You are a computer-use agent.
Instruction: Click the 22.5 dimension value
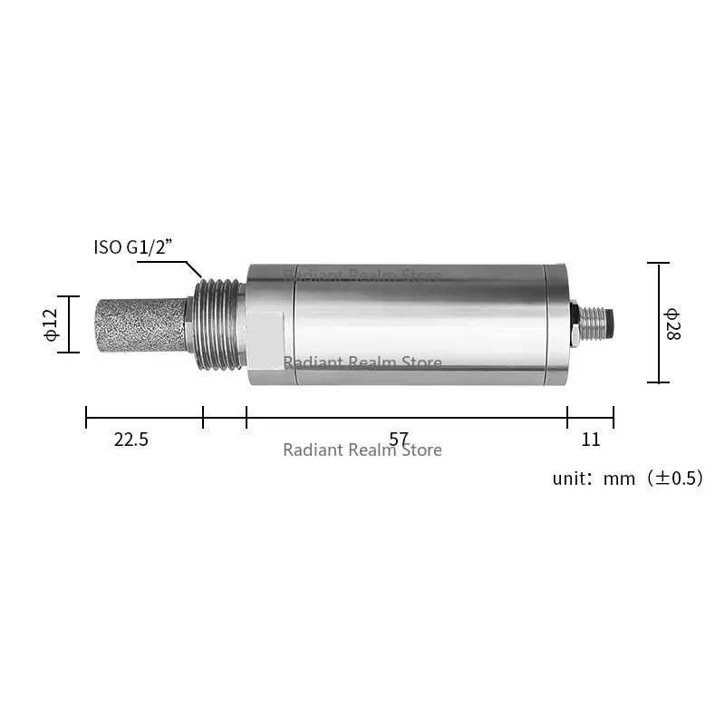[x=131, y=440]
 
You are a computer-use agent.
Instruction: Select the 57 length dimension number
[x=399, y=440]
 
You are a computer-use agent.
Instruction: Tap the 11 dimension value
[x=591, y=440]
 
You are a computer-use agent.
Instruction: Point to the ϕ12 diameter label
[x=50, y=324]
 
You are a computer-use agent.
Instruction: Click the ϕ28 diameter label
[x=672, y=324]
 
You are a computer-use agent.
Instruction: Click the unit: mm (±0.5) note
[x=627, y=478]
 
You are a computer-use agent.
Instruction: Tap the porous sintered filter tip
[x=138, y=324]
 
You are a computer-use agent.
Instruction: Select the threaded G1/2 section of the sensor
[x=220, y=324]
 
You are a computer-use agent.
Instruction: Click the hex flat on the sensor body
[x=269, y=331]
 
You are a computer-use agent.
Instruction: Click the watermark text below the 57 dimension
[x=362, y=450]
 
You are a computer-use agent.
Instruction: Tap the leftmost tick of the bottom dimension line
[x=86, y=417]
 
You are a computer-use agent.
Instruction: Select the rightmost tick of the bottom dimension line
[x=614, y=417]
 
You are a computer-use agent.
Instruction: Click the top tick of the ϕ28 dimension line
[x=659, y=264]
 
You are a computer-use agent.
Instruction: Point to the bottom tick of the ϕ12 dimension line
[x=69, y=353]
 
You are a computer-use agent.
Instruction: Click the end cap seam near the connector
[x=543, y=324]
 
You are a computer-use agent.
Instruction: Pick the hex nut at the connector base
[x=575, y=324]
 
